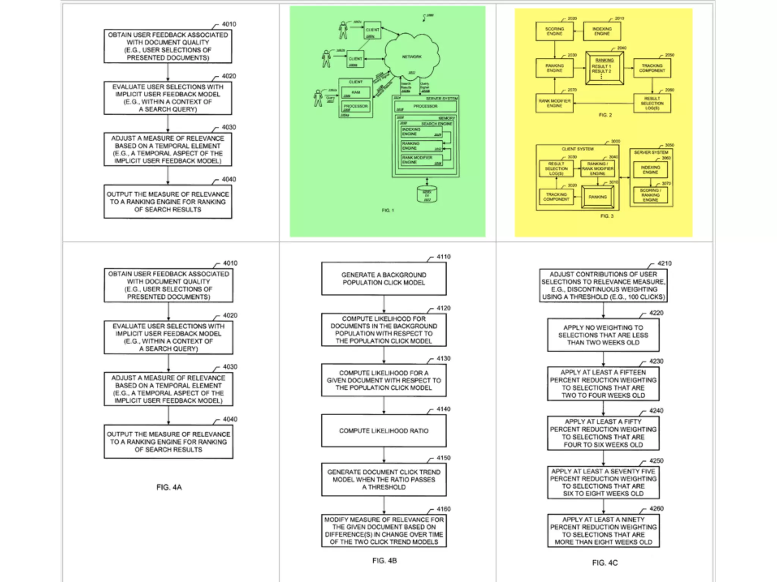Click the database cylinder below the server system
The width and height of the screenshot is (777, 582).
click(x=427, y=194)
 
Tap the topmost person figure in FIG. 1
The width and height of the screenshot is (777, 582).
click(x=343, y=30)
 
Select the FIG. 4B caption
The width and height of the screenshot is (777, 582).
click(x=384, y=560)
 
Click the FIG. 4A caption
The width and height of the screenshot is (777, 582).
click(x=169, y=487)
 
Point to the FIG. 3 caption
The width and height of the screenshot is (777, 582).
click(x=607, y=216)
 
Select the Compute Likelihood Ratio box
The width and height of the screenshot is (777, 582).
click(x=384, y=431)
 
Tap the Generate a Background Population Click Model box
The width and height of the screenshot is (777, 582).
click(x=384, y=278)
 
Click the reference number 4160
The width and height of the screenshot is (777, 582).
click(x=444, y=509)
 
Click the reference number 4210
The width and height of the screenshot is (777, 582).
click(x=664, y=263)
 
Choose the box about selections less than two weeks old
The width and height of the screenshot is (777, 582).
click(x=603, y=335)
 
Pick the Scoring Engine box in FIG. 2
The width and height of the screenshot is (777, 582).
click(x=554, y=31)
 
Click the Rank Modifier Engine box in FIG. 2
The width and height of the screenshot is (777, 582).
click(x=554, y=103)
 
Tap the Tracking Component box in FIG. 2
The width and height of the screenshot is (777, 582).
click(x=652, y=68)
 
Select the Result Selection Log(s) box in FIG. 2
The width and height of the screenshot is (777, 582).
click(x=652, y=103)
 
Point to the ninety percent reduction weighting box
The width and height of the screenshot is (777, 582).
click(x=603, y=530)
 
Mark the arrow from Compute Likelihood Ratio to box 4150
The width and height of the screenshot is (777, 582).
click(x=384, y=455)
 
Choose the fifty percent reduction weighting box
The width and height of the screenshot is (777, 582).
click(x=603, y=433)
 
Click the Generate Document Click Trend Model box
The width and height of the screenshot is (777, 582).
click(x=384, y=479)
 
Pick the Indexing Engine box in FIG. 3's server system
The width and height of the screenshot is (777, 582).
click(x=650, y=170)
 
